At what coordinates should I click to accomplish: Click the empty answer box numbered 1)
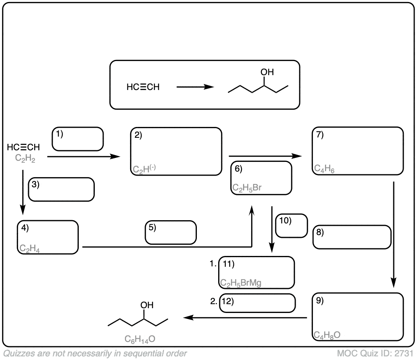pyautogui.click(x=78, y=139)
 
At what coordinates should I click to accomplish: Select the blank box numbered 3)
pyautogui.click(x=61, y=190)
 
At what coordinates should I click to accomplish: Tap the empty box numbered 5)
pyautogui.click(x=171, y=232)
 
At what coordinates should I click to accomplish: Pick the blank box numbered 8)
pyautogui.click(x=352, y=237)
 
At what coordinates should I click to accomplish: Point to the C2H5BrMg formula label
pyautogui.click(x=241, y=283)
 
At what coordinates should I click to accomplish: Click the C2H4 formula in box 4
pyautogui.click(x=29, y=249)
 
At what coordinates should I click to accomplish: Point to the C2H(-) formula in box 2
pyautogui.click(x=144, y=170)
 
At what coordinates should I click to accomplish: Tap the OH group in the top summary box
pyautogui.click(x=267, y=72)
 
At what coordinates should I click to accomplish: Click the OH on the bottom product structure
pyautogui.click(x=147, y=305)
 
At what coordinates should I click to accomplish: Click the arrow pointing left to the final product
pyautogui.click(x=245, y=318)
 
